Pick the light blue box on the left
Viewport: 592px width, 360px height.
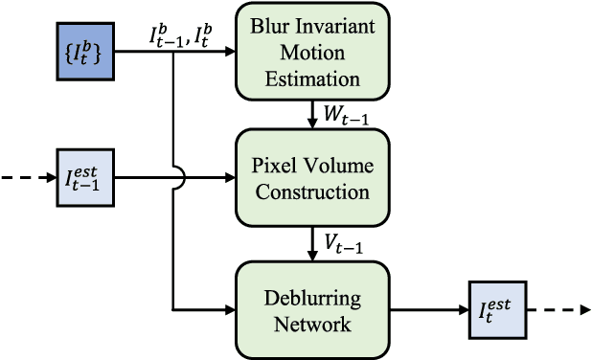click(x=85, y=177)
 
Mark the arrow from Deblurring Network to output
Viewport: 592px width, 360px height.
click(x=429, y=309)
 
